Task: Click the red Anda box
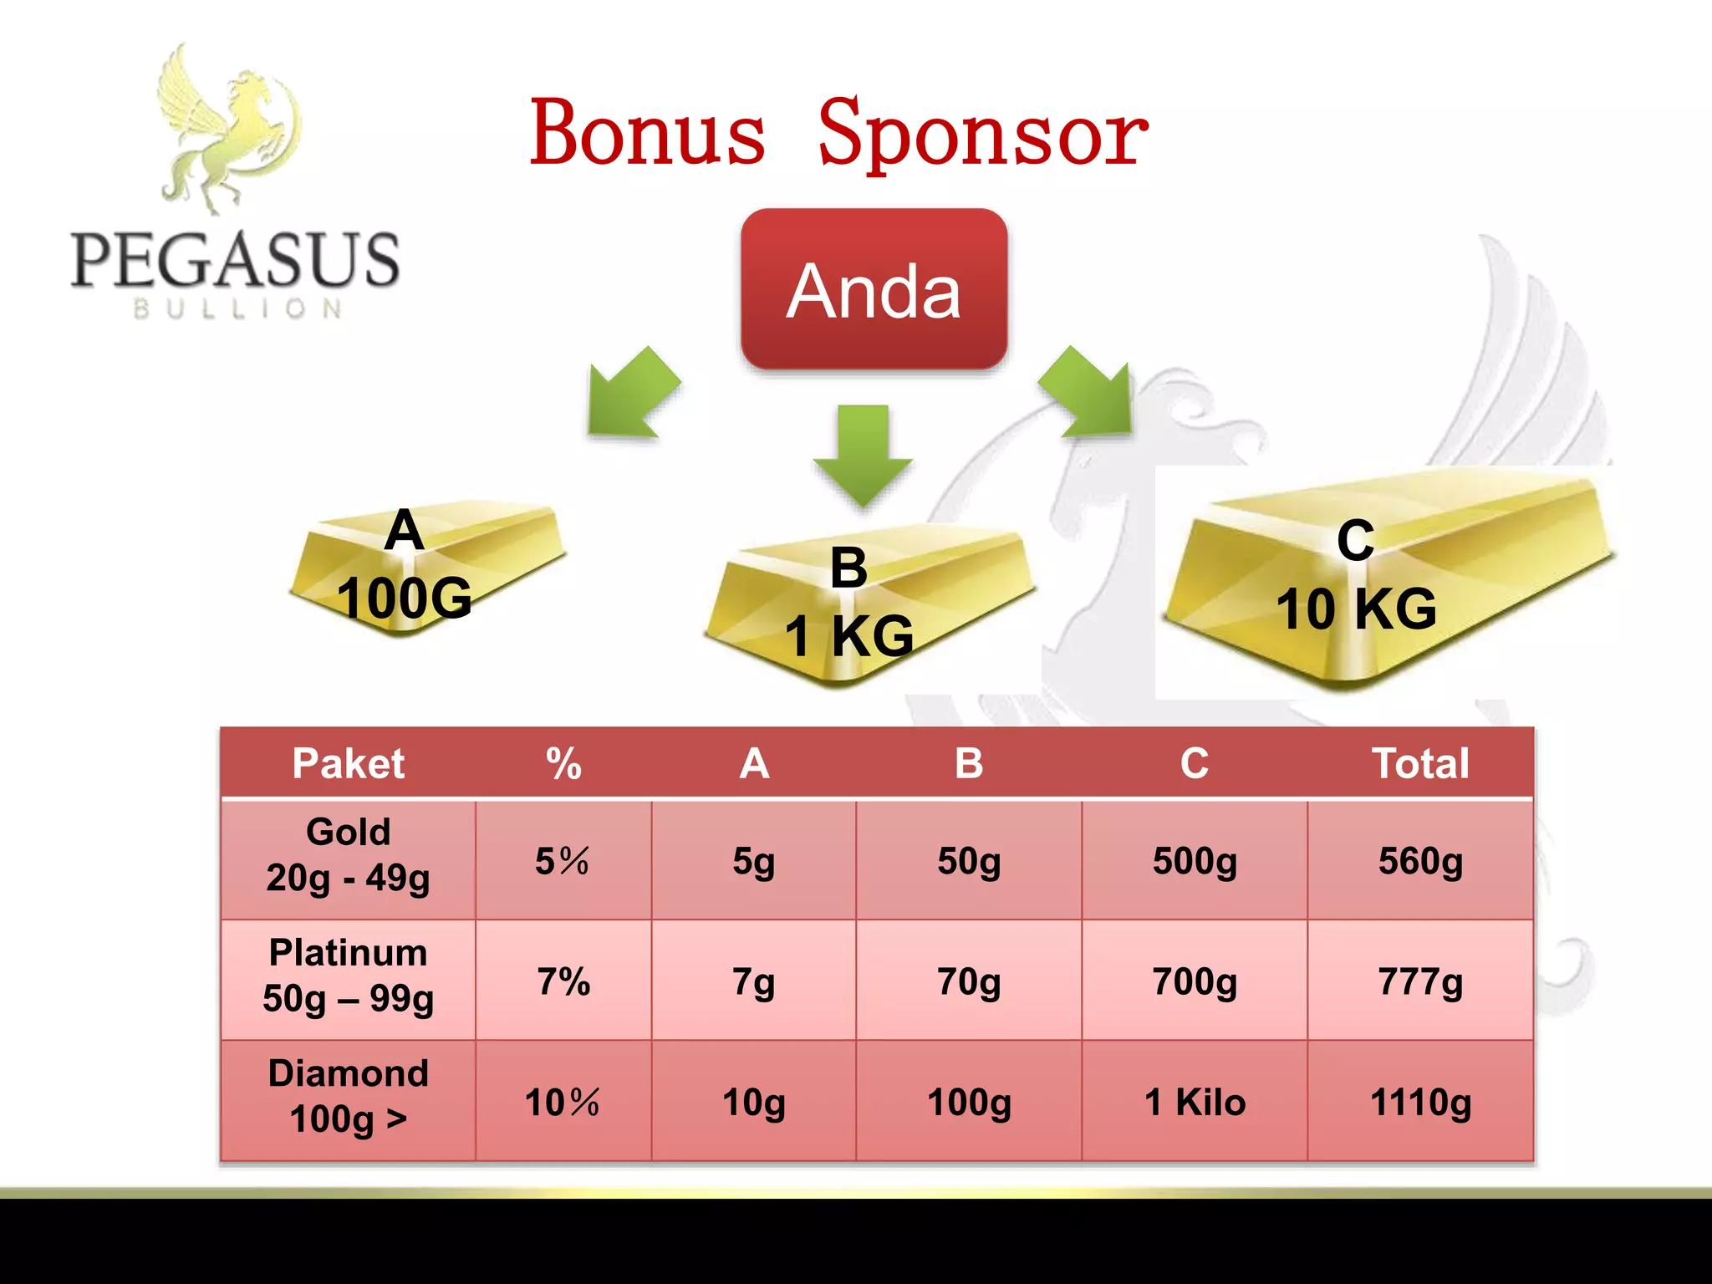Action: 874,289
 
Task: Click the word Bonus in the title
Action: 648,134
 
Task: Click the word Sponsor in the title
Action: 983,134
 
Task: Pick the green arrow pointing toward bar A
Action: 631,393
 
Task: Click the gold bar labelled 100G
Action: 426,568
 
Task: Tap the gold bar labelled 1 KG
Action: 869,602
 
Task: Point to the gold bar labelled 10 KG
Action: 1388,577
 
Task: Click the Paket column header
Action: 348,763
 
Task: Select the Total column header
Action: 1420,763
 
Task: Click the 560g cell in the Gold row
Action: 1420,861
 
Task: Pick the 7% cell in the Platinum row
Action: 563,981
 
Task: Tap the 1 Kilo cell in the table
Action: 1195,1102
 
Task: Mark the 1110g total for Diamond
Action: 1420,1102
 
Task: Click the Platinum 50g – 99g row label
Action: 348,976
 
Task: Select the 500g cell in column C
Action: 1195,861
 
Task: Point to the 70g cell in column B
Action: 969,981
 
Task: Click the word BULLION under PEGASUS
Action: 238,309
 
